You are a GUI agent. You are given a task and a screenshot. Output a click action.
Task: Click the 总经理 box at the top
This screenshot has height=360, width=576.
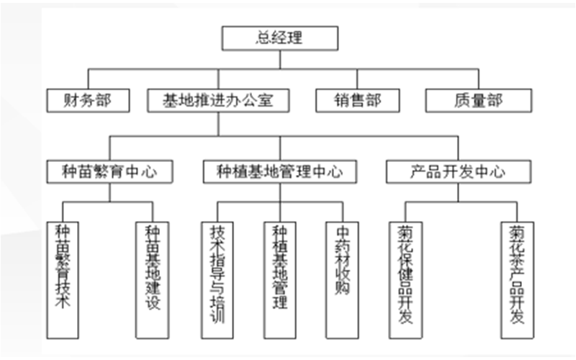click(x=279, y=38)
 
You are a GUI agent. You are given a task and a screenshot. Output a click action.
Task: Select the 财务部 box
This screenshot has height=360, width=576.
click(x=89, y=100)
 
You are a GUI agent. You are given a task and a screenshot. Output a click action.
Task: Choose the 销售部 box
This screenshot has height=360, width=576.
click(x=357, y=100)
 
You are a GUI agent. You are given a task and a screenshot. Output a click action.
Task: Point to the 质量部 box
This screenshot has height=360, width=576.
click(x=478, y=100)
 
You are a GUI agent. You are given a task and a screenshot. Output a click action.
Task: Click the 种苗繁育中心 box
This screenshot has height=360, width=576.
click(x=109, y=171)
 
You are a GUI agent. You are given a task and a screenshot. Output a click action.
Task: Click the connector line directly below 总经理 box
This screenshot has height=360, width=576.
click(x=279, y=60)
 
